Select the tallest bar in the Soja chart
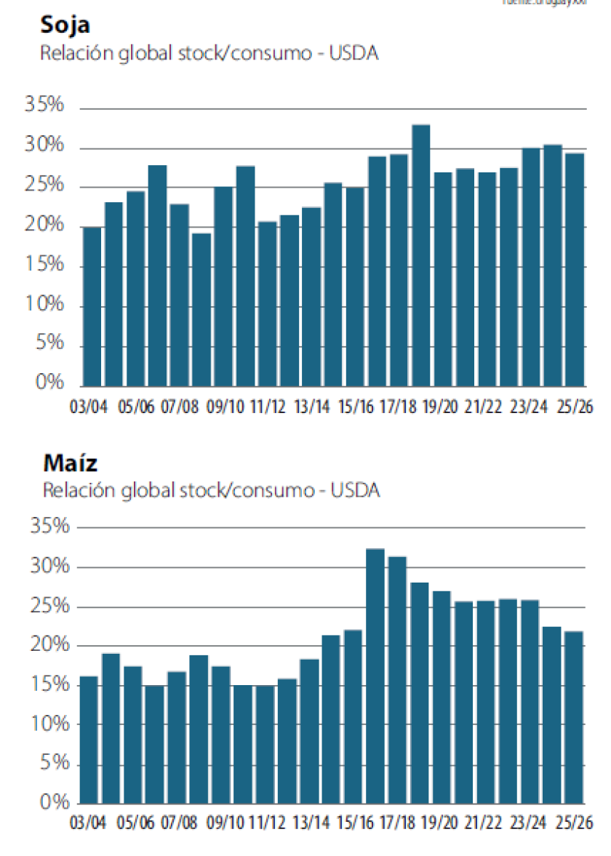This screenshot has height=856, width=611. (421, 255)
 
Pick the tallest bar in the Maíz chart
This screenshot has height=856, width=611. (375, 676)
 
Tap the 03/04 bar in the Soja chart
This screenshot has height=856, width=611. (92, 306)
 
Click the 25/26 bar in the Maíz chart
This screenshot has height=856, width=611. (573, 717)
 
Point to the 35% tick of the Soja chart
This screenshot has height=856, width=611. (45, 105)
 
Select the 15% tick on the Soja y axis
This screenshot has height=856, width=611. (45, 265)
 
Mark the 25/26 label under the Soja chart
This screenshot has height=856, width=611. (574, 405)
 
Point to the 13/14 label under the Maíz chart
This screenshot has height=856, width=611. (311, 824)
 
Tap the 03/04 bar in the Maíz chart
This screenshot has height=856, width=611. (89, 739)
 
